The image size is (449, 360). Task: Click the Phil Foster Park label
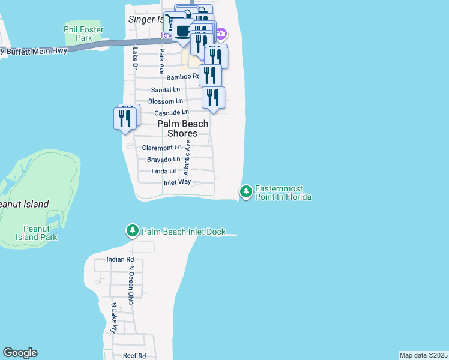(83, 34)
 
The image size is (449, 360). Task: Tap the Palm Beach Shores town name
(183, 128)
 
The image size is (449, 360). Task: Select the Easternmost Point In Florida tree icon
(246, 192)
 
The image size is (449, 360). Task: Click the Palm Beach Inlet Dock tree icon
(132, 230)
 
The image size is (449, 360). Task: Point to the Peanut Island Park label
(40, 233)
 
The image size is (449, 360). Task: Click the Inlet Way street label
(177, 182)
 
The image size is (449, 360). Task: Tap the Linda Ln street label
(164, 172)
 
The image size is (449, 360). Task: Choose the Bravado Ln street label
(163, 160)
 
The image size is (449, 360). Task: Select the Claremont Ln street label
(161, 148)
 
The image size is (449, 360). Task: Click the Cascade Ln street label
(172, 113)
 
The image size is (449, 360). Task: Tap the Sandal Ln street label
(166, 89)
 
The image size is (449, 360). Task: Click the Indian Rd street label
(118, 259)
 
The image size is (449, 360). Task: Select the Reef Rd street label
(134, 356)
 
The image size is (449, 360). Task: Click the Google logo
(20, 353)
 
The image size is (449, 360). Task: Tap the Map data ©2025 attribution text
(423, 355)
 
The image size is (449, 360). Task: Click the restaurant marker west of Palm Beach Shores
(125, 118)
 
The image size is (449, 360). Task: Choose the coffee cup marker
(182, 30)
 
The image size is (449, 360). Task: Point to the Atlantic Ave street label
(187, 157)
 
